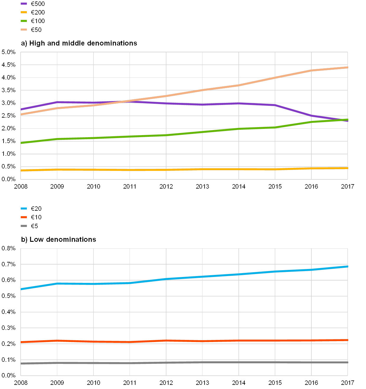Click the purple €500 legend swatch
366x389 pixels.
coord(24,4)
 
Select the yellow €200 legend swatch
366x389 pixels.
coord(24,12)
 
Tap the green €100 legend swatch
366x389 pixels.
coord(24,21)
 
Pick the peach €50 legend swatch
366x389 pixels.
coord(24,30)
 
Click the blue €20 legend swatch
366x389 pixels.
coord(24,209)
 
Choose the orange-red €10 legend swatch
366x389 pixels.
coord(24,217)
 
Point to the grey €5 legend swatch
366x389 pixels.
coord(24,226)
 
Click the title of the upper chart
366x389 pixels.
coord(79,43)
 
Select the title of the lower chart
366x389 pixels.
coord(59,239)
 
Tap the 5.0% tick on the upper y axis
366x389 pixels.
coord(8,52)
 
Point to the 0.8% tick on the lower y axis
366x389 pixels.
coord(8,248)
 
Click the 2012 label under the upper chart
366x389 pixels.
coord(166,187)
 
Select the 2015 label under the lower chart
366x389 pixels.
coord(275,383)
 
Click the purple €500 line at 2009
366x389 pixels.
coord(57,102)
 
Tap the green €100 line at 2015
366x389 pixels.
coord(275,127)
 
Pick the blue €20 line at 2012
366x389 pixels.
coord(166,279)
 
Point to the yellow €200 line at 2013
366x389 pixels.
coord(202,169)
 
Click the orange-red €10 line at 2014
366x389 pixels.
coord(239,341)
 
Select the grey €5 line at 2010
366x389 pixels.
coord(94,363)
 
